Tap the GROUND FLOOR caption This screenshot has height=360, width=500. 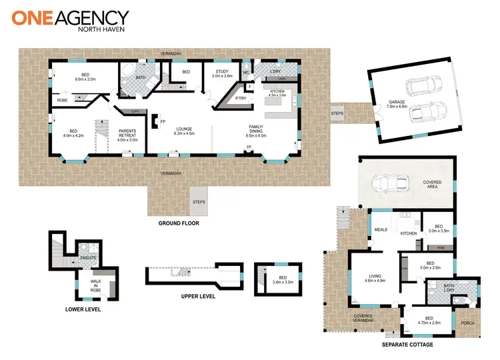click(x=179, y=223)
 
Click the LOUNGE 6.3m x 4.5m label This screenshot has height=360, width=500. click(x=184, y=131)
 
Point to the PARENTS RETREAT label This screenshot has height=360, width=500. click(x=127, y=135)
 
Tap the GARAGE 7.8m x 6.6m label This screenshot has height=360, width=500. click(x=398, y=104)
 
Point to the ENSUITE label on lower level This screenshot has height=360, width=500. click(x=88, y=257)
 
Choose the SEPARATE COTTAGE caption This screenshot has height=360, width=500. click(x=407, y=345)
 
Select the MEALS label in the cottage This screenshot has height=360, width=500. click(x=380, y=230)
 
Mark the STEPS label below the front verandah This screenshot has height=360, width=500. click(x=199, y=201)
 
